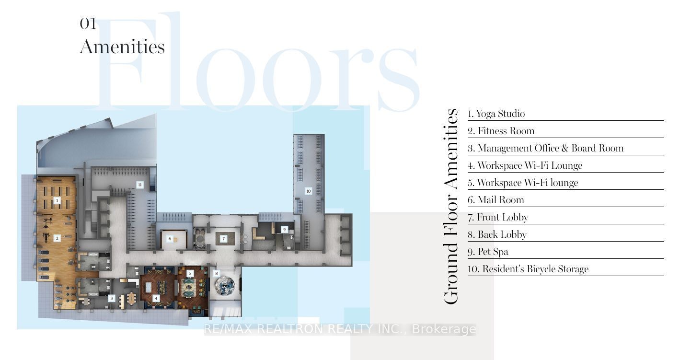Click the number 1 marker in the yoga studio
pyautogui.click(x=57, y=200)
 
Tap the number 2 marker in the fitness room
pyautogui.click(x=57, y=238)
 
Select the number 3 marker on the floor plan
pyautogui.click(x=111, y=298)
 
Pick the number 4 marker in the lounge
pyautogui.click(x=156, y=298)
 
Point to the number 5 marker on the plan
pyautogui.click(x=190, y=274)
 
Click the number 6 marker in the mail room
pyautogui.click(x=170, y=239)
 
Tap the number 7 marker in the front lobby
pyautogui.click(x=223, y=239)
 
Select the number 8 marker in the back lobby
pyautogui.click(x=217, y=273)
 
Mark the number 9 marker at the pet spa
pyautogui.click(x=285, y=230)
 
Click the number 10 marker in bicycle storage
pyautogui.click(x=309, y=191)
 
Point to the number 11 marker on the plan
pyautogui.click(x=139, y=185)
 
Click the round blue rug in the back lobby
pyautogui.click(x=225, y=285)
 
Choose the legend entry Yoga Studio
pyautogui.click(x=496, y=114)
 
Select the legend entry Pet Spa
pyautogui.click(x=488, y=252)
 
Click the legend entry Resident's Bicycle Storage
pyautogui.click(x=528, y=269)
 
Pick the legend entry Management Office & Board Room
pyautogui.click(x=545, y=149)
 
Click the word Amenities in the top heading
pyautogui.click(x=122, y=47)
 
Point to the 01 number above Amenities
pyautogui.click(x=88, y=23)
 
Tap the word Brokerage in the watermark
pyautogui.click(x=444, y=329)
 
